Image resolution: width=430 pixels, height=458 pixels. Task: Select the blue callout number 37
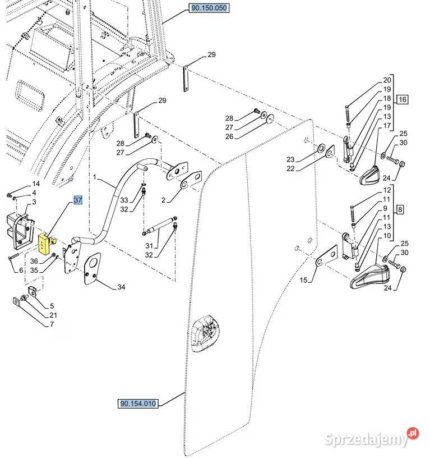(x=77, y=200)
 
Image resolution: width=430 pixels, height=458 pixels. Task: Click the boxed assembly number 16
(x=403, y=100)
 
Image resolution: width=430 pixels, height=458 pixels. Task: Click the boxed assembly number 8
(x=400, y=210)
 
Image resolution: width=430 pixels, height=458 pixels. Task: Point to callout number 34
(x=122, y=287)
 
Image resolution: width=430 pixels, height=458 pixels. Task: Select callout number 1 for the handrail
(x=95, y=177)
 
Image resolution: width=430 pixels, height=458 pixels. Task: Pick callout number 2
(x=163, y=200)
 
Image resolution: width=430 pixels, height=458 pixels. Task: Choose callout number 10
(x=387, y=235)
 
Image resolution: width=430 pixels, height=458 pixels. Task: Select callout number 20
(x=387, y=80)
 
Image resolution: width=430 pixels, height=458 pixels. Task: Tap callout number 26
(x=229, y=136)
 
